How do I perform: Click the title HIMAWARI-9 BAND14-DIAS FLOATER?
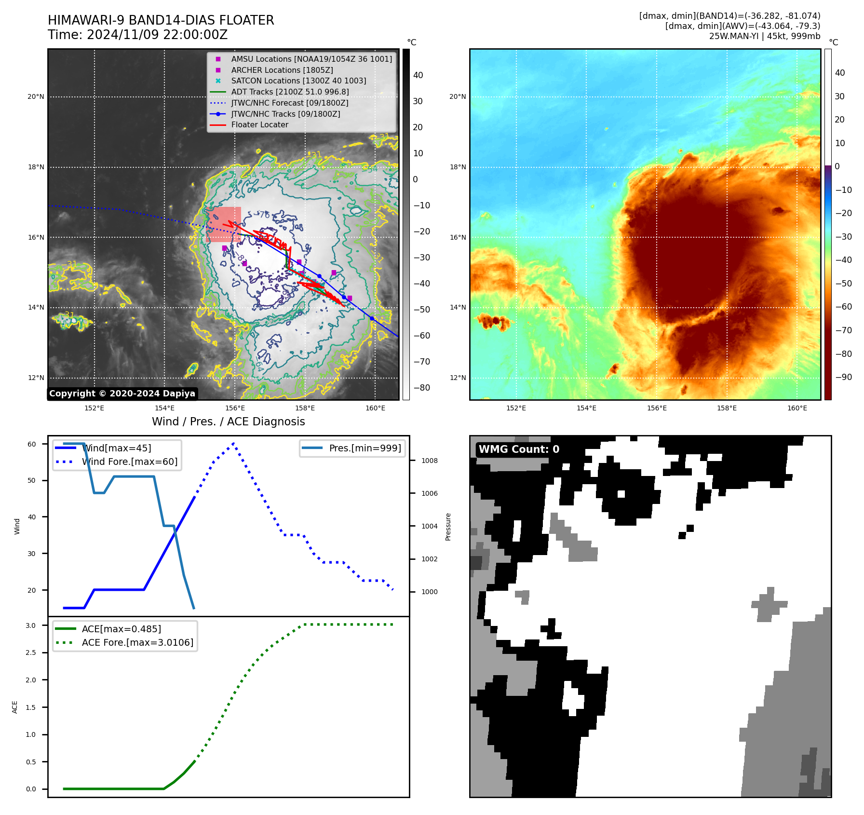(x=161, y=20)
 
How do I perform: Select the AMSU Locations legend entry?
(x=311, y=59)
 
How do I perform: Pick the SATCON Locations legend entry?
(x=298, y=81)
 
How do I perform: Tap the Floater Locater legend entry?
(x=259, y=124)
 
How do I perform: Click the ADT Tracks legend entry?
(x=290, y=92)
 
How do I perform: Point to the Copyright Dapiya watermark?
(x=122, y=394)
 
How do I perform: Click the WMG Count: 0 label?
(x=519, y=449)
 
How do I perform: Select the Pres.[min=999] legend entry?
(x=364, y=448)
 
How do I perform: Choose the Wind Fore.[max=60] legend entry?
(x=129, y=462)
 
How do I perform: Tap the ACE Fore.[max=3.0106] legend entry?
(x=137, y=642)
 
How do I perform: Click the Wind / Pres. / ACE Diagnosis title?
(x=228, y=421)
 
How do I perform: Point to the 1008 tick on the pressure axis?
(x=429, y=461)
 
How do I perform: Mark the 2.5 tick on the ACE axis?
(x=31, y=652)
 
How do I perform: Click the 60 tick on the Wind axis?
(x=31, y=444)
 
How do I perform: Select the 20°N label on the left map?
(x=36, y=97)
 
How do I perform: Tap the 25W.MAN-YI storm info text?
(x=764, y=36)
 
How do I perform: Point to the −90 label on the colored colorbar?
(x=843, y=377)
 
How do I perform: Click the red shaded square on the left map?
(x=223, y=224)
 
